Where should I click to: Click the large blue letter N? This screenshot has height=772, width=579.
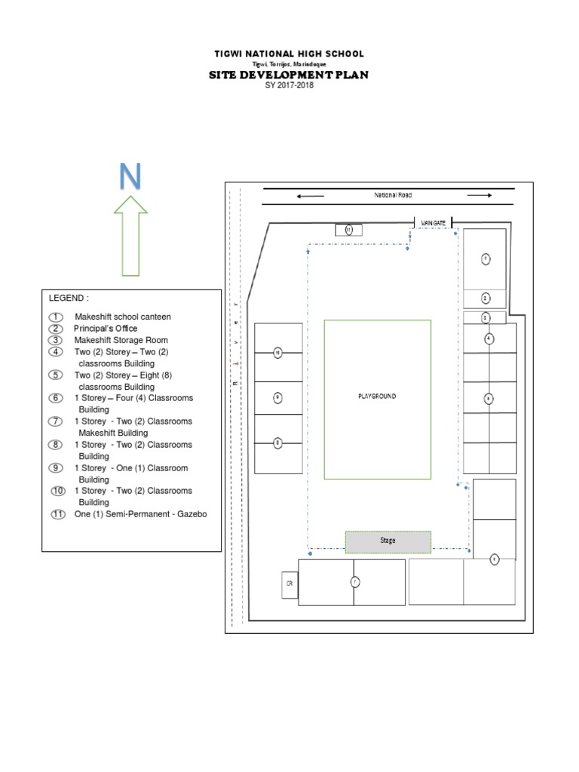point(129,176)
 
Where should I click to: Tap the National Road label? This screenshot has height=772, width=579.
point(393,195)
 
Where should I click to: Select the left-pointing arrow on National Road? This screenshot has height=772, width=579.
point(310,196)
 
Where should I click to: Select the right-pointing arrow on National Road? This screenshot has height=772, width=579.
point(479,196)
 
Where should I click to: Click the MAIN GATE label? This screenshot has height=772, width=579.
point(434,223)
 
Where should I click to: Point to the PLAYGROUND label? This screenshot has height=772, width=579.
point(377,396)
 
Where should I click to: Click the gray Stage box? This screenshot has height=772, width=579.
point(388,541)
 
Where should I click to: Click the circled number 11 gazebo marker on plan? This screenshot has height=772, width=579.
point(348,230)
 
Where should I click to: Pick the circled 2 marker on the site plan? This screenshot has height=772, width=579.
point(486,298)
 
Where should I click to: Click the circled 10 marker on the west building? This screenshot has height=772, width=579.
point(277,352)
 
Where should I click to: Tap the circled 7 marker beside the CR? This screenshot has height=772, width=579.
point(354,581)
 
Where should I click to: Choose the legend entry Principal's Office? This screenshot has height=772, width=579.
point(105,329)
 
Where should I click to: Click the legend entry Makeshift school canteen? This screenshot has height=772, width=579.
point(122,317)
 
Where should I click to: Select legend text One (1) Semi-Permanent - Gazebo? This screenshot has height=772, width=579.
point(139,514)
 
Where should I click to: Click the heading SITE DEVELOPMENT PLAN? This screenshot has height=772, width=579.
point(288,75)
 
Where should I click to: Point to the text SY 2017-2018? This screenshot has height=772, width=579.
point(289,86)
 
